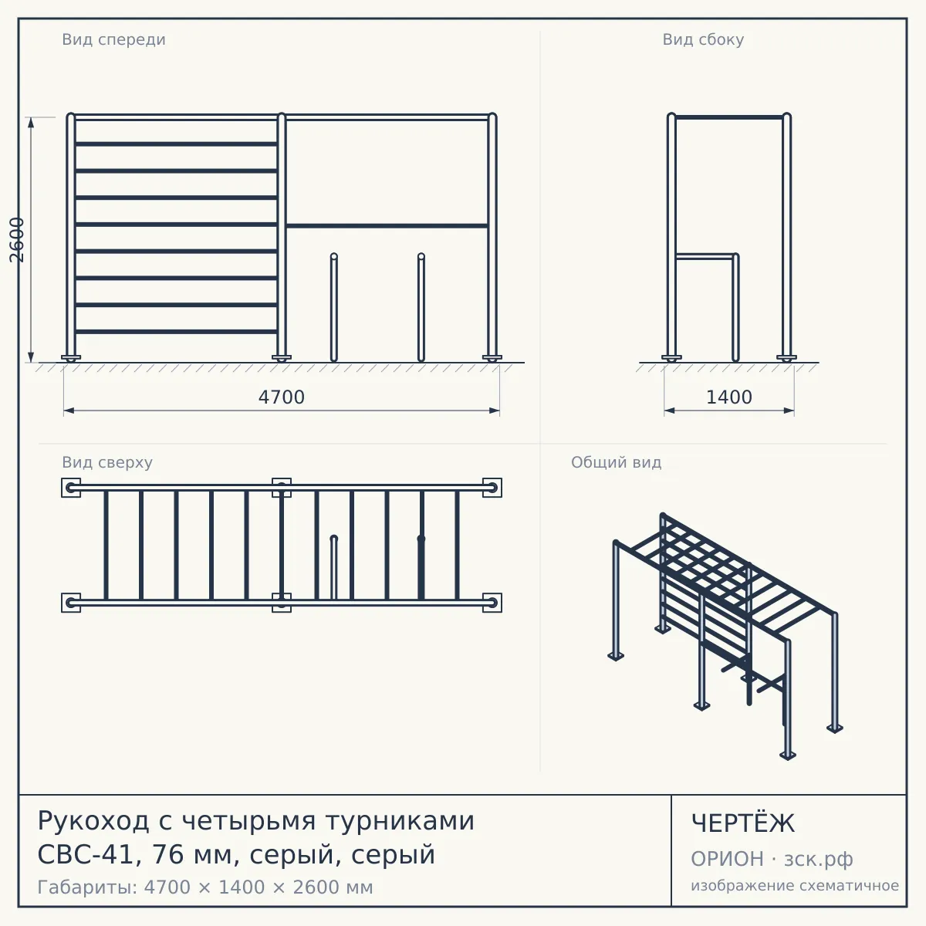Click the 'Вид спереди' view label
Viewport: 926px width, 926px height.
coord(113,39)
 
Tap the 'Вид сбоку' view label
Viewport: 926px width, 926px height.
coord(703,39)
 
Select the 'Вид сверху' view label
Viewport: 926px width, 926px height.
coord(107,462)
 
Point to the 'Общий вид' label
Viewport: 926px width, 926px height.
coord(616,462)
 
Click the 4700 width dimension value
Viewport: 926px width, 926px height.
coord(282,397)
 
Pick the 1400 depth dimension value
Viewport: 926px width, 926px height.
coord(729,397)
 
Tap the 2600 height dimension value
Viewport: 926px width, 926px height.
coord(17,240)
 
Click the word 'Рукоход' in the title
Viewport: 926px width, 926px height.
coord(93,821)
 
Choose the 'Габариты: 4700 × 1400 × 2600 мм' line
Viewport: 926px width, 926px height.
coord(205,887)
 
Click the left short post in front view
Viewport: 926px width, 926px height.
coord(334,307)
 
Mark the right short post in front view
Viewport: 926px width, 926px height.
coord(421,307)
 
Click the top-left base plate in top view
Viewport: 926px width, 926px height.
coord(71,488)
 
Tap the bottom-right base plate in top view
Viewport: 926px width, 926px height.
coord(492,603)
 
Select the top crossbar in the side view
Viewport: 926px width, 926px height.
coord(729,117)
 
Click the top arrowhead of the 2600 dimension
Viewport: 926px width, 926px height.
coord(31,123)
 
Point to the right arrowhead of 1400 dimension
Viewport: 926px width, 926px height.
coord(789,411)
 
